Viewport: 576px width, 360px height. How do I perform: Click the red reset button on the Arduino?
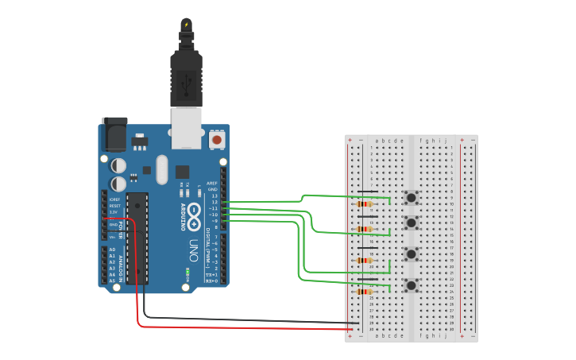[x=216, y=140]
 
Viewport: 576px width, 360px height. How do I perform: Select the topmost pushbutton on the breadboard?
[x=412, y=197]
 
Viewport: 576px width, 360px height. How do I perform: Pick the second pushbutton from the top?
[x=412, y=222]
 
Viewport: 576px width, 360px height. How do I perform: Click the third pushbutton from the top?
[x=412, y=254]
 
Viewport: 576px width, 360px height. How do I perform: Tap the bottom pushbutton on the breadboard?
[x=412, y=285]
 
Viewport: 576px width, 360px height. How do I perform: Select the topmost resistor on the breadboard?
[x=365, y=204]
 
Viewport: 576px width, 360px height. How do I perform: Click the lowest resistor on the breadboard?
[x=365, y=292]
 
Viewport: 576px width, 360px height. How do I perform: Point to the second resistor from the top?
[x=365, y=229]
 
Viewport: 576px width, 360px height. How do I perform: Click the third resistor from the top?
[x=365, y=261]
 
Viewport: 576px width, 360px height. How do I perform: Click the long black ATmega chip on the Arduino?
[x=137, y=238]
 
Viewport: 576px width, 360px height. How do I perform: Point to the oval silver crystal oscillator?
[x=162, y=168]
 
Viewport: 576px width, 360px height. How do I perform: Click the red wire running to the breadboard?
[x=238, y=327]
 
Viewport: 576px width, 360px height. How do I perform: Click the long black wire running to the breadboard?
[x=238, y=319]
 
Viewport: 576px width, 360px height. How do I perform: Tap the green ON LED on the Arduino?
[x=187, y=272]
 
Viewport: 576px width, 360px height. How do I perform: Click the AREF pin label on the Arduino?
[x=212, y=183]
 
